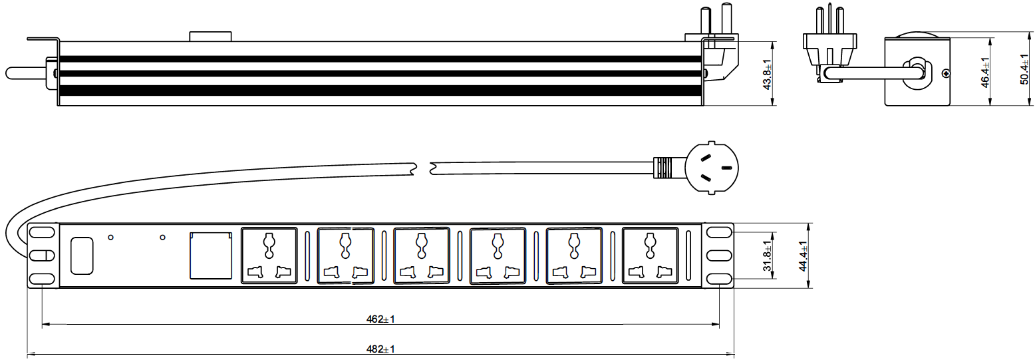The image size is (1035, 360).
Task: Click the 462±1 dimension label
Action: pyautogui.click(x=380, y=319)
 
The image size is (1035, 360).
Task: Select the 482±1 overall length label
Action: pyautogui.click(x=380, y=349)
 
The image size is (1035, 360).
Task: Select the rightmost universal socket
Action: pyautogui.click(x=651, y=256)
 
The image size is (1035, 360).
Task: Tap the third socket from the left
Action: pyautogui.click(x=422, y=256)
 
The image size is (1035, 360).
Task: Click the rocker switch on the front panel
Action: pyautogui.click(x=81, y=256)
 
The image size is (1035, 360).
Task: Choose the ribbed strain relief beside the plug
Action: pyautogui.click(x=663, y=169)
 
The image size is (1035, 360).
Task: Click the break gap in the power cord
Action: pyautogui.click(x=423, y=168)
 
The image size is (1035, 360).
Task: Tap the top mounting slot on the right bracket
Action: pyautogui.click(x=718, y=233)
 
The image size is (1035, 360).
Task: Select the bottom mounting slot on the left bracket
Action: pyautogui.click(x=41, y=278)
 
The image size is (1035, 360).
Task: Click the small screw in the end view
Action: pyautogui.click(x=945, y=74)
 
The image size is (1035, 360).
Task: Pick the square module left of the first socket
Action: pyautogui.click(x=211, y=255)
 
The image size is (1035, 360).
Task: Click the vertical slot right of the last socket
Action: pyautogui.click(x=688, y=256)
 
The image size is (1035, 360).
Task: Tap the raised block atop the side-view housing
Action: pyautogui.click(x=210, y=36)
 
